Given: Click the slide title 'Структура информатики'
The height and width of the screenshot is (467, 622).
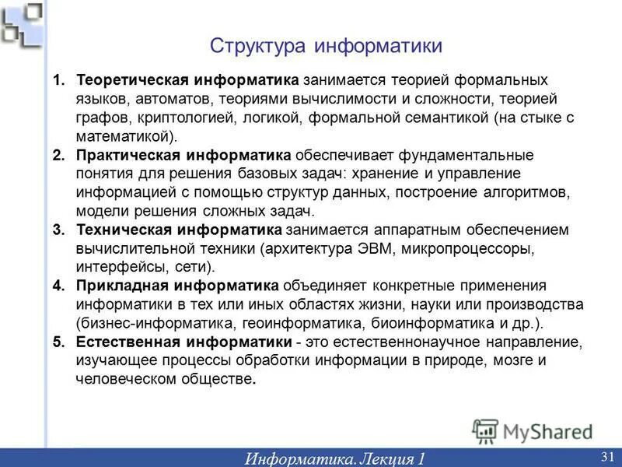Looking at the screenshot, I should tap(326, 46).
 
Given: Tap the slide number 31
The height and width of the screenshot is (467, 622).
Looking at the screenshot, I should tap(607, 455).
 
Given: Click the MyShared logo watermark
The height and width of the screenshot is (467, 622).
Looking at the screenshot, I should tap(532, 430).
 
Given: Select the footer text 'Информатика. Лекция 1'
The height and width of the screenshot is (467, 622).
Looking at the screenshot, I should tap(335, 458).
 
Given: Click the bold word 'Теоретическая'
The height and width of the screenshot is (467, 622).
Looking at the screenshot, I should tap(132, 81).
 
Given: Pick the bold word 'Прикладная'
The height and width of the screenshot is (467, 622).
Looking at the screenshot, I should tap(121, 286).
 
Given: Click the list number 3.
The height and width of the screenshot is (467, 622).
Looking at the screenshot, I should tap(58, 230).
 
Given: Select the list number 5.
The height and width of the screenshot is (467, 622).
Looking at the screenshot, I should tap(58, 342).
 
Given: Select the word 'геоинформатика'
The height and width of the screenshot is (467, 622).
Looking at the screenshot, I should tap(311, 323).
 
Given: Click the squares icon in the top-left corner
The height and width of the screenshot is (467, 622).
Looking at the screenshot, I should tap(21, 24).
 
